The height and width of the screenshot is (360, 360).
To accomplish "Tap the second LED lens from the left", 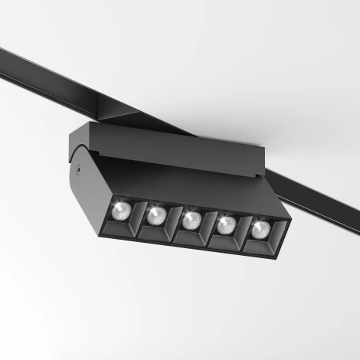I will pos(156,215).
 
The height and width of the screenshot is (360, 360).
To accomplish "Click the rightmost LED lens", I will pos(260,230).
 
